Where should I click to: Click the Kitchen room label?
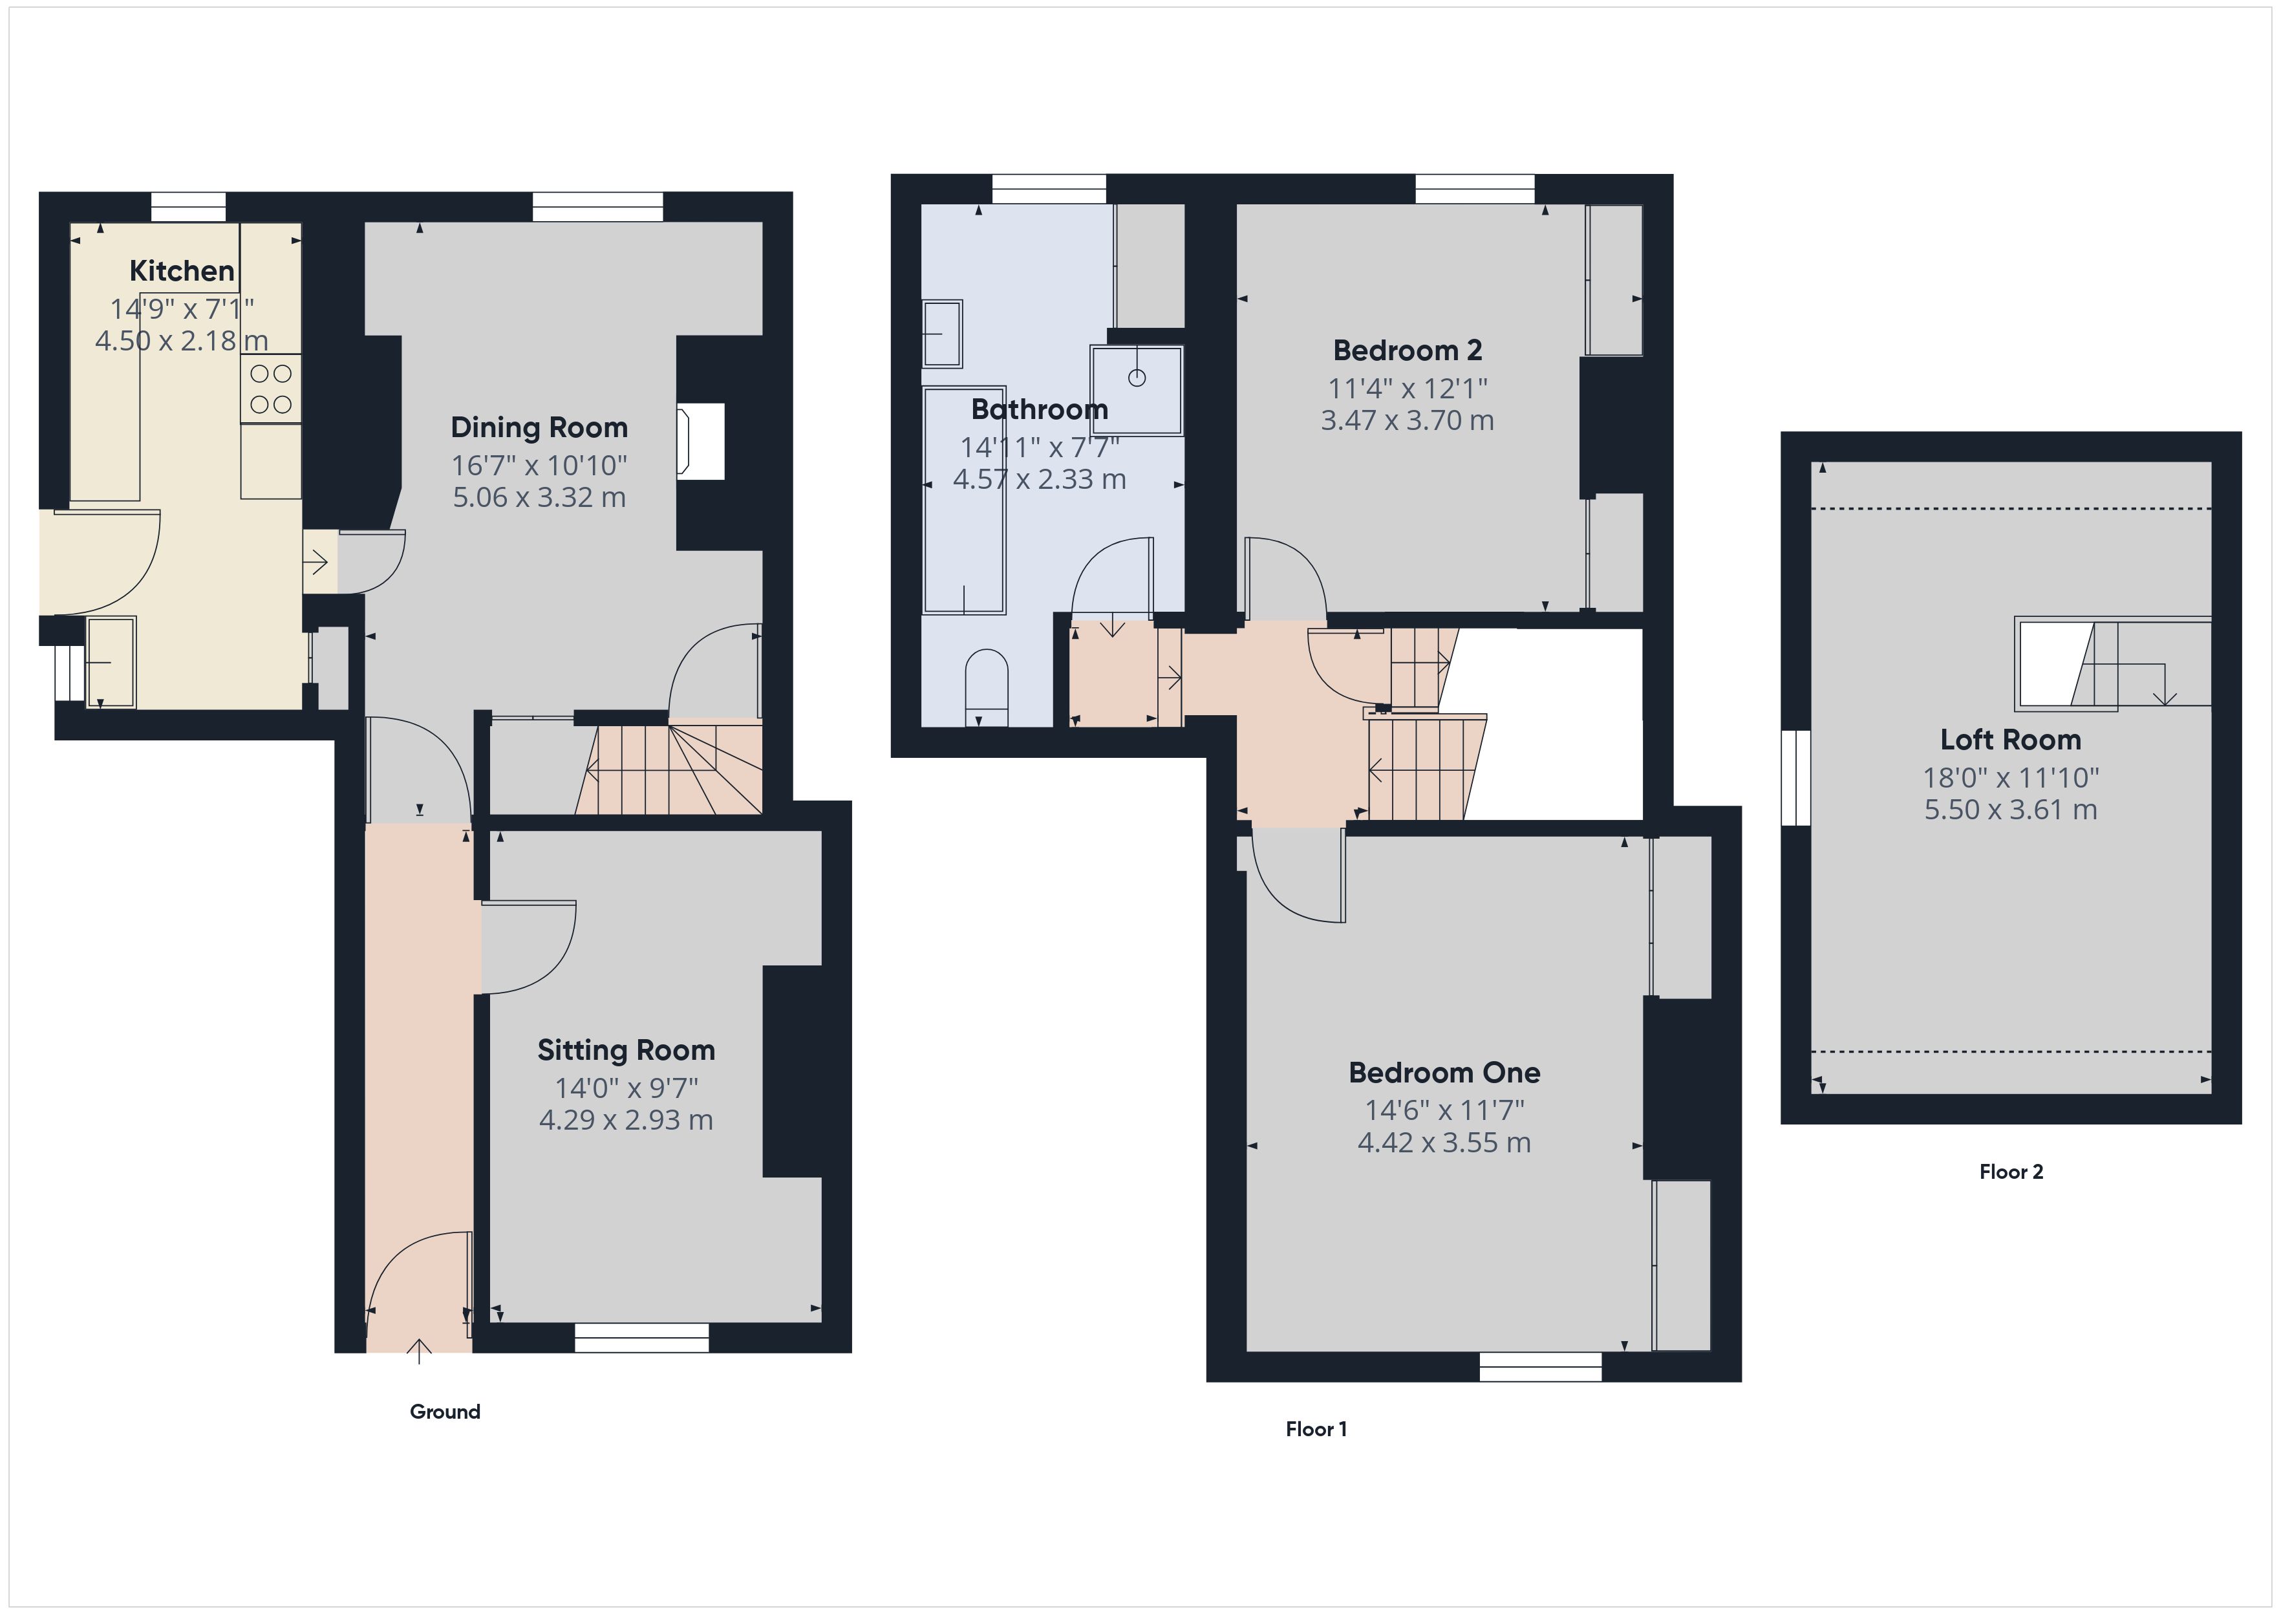pyautogui.click(x=182, y=270)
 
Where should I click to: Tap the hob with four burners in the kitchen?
pyautogui.click(x=270, y=389)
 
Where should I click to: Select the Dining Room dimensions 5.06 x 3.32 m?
pyautogui.click(x=539, y=497)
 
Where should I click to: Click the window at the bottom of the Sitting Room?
pyautogui.click(x=642, y=1338)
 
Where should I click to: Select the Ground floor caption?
pyautogui.click(x=444, y=1411)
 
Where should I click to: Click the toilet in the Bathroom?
pyautogui.click(x=987, y=685)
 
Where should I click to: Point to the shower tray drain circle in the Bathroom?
pyautogui.click(x=1137, y=378)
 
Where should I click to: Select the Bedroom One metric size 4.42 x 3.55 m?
pyautogui.click(x=1444, y=1143)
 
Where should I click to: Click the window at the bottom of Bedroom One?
pyautogui.click(x=1540, y=1368)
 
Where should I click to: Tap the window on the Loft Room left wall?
pyautogui.click(x=1796, y=778)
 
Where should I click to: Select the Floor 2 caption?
pyautogui.click(x=2010, y=1172)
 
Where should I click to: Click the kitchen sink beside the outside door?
pyautogui.click(x=111, y=661)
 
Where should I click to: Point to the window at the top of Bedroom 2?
pyautogui.click(x=1474, y=189)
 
